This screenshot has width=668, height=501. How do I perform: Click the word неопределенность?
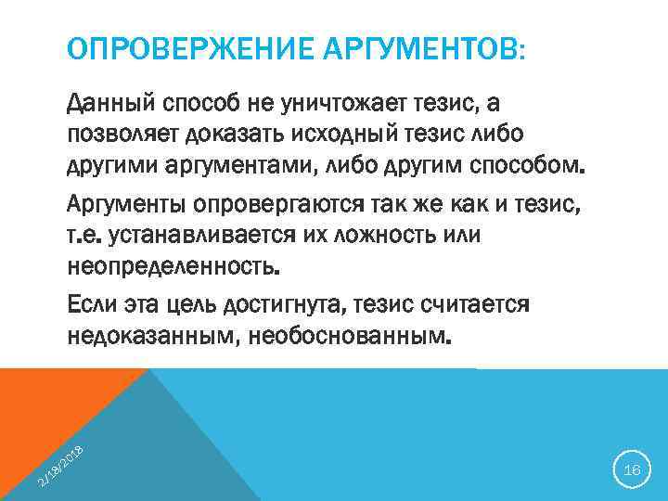173,266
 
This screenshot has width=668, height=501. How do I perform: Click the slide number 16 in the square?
632,470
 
